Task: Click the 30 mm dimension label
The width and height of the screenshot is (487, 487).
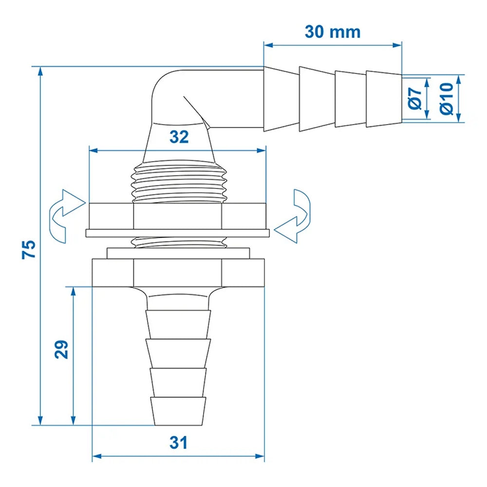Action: pyautogui.click(x=333, y=32)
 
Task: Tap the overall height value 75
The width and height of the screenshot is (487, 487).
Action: pyautogui.click(x=29, y=249)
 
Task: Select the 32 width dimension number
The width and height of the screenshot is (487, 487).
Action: pyautogui.click(x=179, y=137)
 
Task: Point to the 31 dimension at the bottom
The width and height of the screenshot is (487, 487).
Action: pyautogui.click(x=178, y=443)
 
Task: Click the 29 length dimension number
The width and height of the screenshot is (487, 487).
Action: pyautogui.click(x=61, y=349)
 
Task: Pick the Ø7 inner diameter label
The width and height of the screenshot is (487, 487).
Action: pyautogui.click(x=414, y=97)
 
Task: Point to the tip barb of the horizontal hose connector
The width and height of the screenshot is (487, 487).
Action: pyautogui.click(x=384, y=99)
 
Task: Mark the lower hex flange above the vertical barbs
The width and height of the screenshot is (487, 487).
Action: pyautogui.click(x=178, y=273)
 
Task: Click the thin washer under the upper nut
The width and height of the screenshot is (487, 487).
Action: pyautogui.click(x=178, y=233)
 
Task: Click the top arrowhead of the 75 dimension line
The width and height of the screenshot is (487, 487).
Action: pyautogui.click(x=40, y=71)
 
